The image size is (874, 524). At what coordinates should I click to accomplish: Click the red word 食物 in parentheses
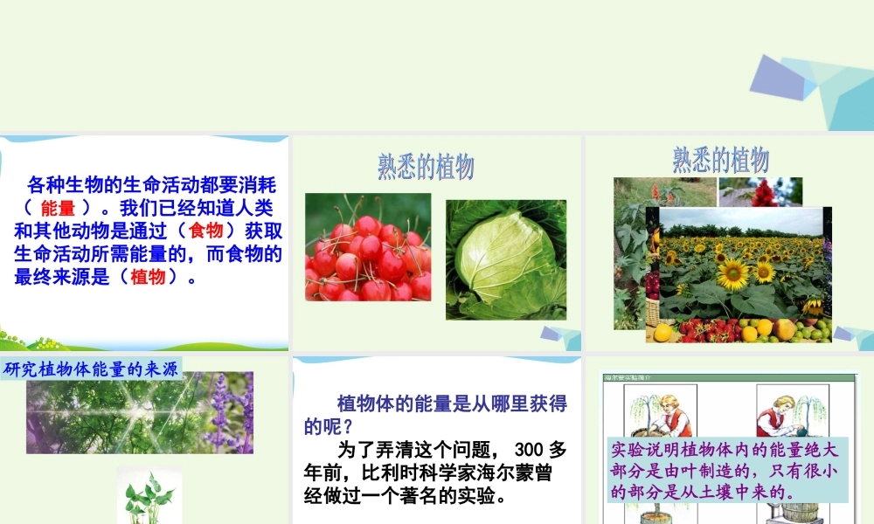(206, 231)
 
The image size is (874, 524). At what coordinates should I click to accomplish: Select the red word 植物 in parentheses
(148, 277)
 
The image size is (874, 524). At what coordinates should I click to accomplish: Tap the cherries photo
(368, 247)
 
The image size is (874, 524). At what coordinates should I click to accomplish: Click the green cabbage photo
(506, 259)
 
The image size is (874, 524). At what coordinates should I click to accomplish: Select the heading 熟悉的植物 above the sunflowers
(720, 159)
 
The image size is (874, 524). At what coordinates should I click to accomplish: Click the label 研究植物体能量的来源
(91, 369)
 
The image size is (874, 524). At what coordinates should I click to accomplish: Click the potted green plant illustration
(149, 498)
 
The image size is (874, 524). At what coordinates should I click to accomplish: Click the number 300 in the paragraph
(531, 450)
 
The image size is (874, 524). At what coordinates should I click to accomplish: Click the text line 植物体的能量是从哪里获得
(452, 403)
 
